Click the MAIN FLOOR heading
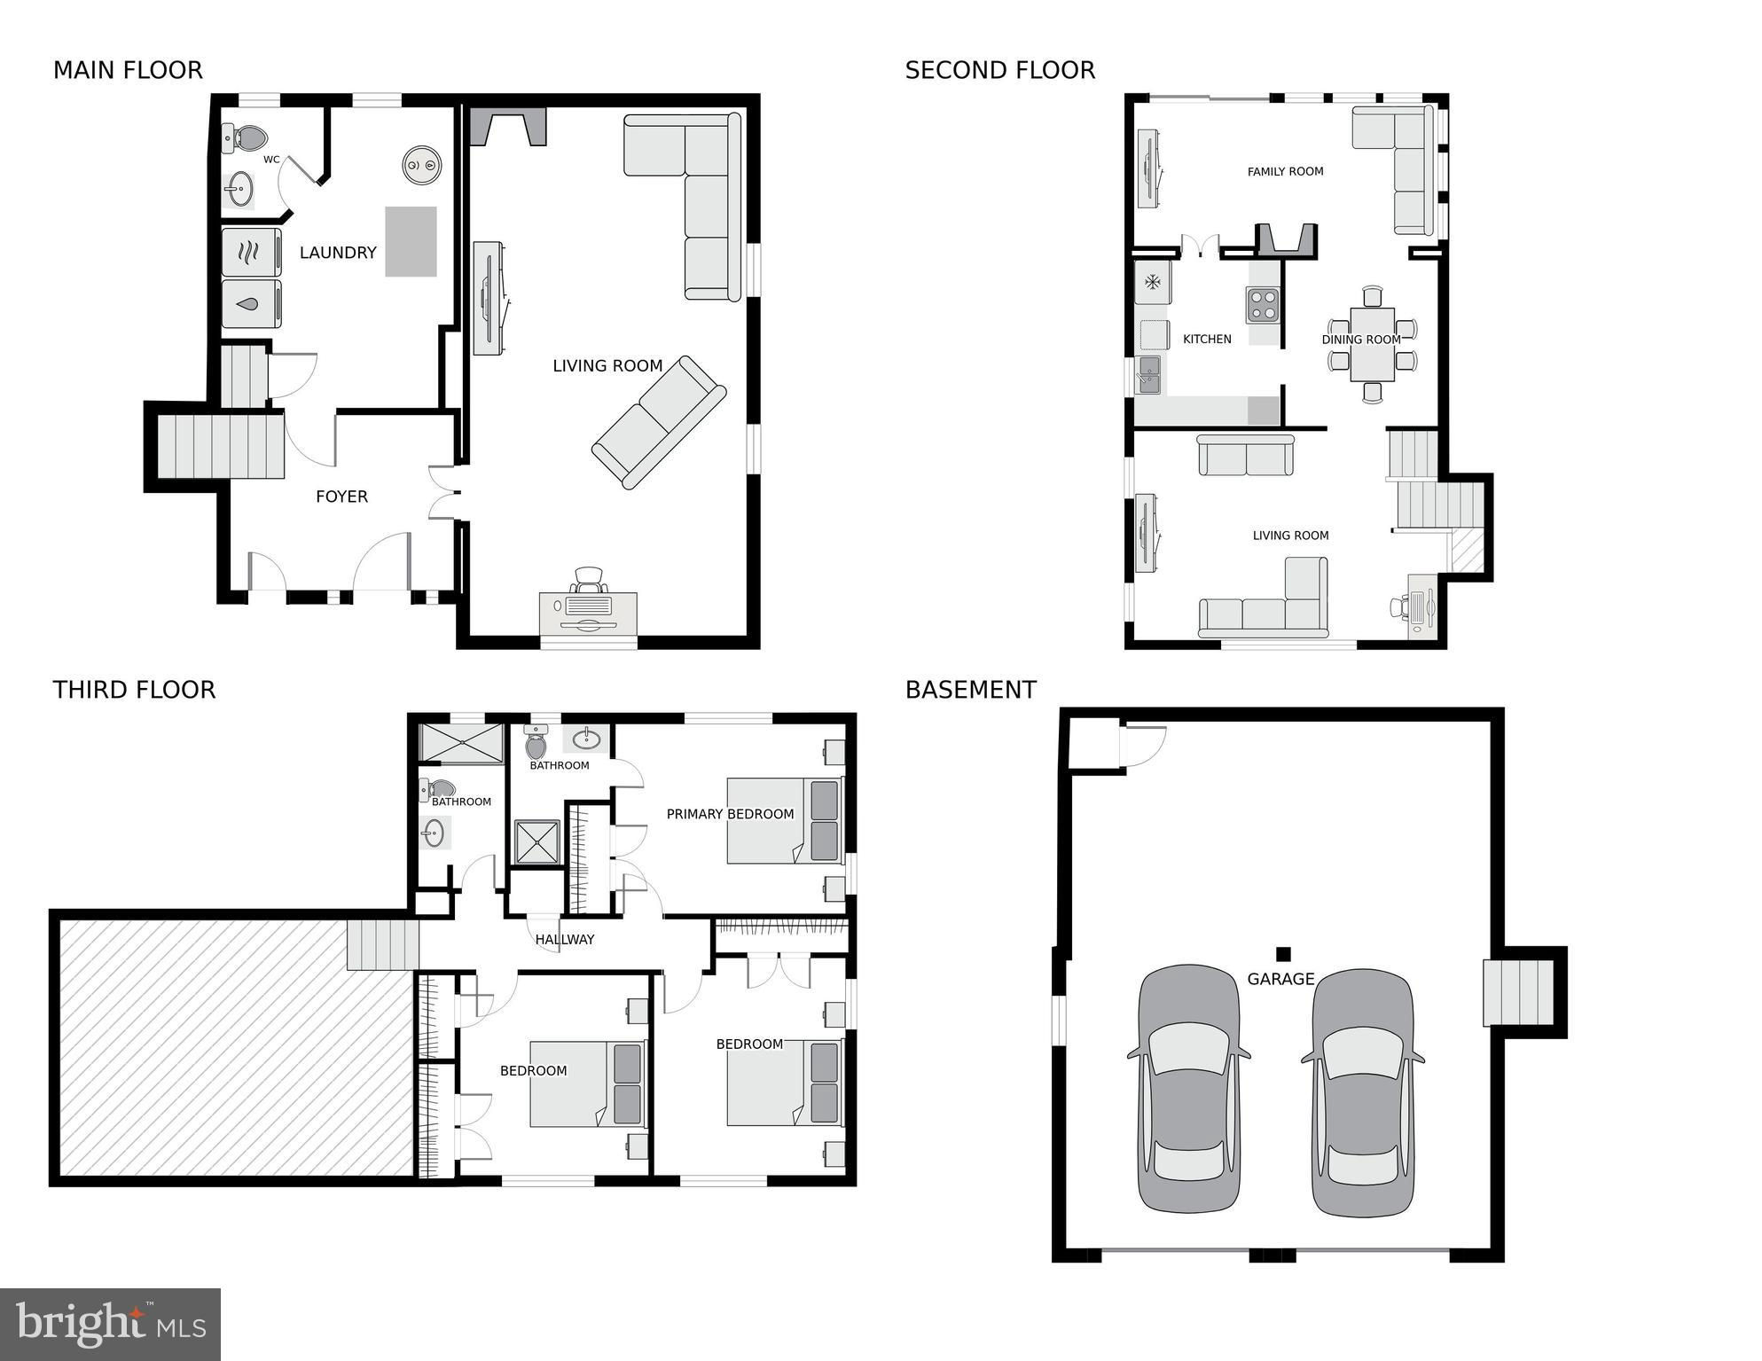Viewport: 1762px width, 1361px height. click(128, 70)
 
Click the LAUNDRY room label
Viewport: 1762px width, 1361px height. click(338, 253)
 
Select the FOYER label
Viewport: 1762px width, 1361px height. click(341, 497)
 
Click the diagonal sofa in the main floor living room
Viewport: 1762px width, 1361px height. click(659, 422)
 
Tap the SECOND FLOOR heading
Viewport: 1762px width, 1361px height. click(1000, 70)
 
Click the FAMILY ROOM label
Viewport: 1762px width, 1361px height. click(1285, 172)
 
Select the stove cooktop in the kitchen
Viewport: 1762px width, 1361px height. click(1263, 305)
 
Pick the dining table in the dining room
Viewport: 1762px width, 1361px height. click(1372, 344)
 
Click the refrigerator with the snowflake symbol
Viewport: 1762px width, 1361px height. click(1153, 283)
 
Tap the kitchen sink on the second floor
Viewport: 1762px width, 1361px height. click(1149, 375)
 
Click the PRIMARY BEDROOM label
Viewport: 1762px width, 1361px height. click(730, 814)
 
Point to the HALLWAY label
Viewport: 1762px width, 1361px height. click(565, 940)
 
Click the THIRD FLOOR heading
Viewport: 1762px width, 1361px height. click(134, 690)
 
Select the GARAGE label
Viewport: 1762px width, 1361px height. click(1280, 979)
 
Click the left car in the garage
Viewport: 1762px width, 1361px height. click(1189, 1089)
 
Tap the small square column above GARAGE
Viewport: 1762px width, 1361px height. click(1283, 954)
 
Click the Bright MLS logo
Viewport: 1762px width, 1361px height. click(111, 1324)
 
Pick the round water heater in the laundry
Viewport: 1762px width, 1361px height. click(422, 165)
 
